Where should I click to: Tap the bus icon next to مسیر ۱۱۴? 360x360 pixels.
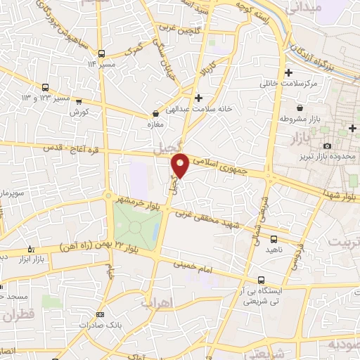pos(102,53)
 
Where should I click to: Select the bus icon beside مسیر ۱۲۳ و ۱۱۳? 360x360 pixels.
pos(46,88)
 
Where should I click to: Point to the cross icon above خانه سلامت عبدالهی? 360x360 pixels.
pos(199,97)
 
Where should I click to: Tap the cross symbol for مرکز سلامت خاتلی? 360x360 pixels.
pos(288,73)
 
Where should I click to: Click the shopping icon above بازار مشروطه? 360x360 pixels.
pos(300,108)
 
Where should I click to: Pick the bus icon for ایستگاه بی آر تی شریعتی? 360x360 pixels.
pos(262,279)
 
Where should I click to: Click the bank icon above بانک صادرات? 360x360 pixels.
pos(100,315)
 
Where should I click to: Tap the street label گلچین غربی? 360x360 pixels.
pos(179,27)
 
